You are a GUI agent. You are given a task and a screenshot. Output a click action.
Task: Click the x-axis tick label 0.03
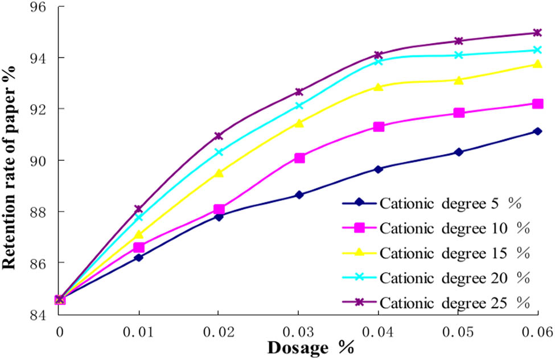tap(298, 331)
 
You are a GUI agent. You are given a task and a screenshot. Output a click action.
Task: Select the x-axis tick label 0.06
tap(537, 331)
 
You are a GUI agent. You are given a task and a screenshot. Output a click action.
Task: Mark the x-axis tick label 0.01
tap(139, 331)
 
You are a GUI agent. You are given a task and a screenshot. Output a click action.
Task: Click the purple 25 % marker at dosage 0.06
tap(537, 32)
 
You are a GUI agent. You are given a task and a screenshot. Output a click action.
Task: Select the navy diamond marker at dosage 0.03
tap(299, 195)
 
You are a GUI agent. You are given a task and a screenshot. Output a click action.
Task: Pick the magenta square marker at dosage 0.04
tap(379, 126)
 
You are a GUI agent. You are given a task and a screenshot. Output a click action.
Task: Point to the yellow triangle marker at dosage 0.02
tap(219, 173)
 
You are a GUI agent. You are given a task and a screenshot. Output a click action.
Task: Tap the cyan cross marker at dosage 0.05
tap(458, 55)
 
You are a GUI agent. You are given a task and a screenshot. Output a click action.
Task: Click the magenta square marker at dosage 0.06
tap(537, 104)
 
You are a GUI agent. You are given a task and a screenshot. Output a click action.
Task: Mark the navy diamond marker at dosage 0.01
tap(139, 258)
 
